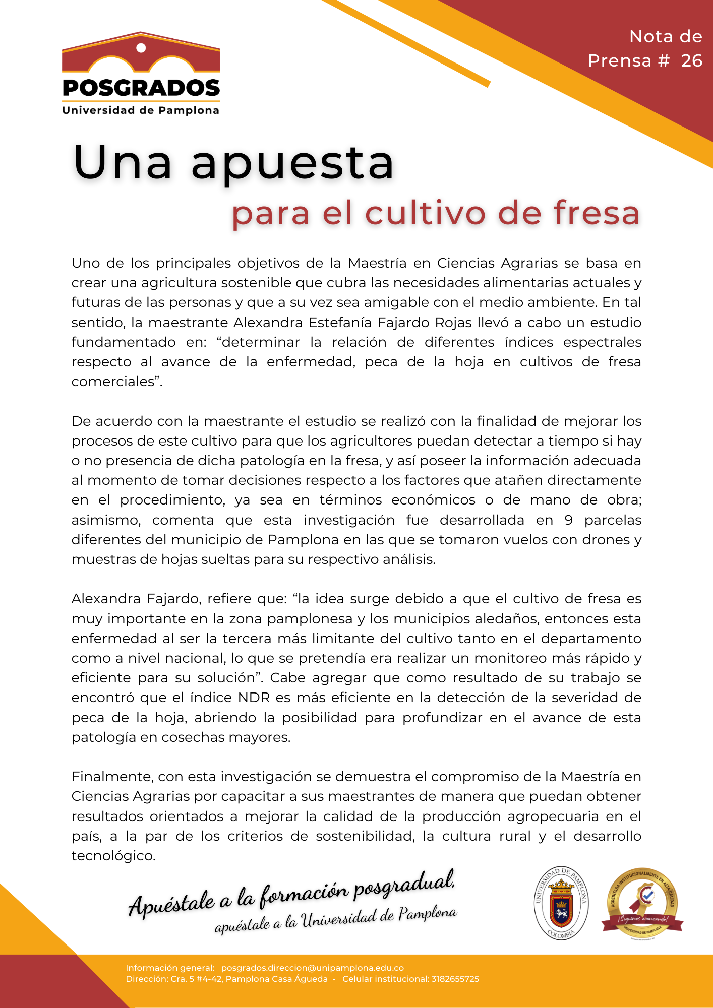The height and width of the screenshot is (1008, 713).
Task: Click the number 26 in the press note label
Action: coord(691,61)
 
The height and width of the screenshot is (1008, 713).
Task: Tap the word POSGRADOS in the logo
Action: coord(141,88)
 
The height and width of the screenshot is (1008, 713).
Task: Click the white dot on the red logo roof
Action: coord(141,48)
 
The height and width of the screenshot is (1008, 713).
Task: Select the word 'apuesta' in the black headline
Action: coord(292,164)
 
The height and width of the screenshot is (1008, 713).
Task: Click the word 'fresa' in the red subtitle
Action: coord(597,213)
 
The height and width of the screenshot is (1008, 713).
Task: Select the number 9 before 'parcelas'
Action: coord(568,520)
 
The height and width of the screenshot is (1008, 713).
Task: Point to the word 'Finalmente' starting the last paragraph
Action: coord(111,777)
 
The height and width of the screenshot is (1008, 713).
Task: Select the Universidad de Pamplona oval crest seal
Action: coord(561,903)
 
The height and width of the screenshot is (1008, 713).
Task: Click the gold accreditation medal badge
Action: coord(642,904)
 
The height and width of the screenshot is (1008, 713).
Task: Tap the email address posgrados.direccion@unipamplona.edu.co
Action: coord(313,968)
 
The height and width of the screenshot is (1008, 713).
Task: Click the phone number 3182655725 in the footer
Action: coord(455,979)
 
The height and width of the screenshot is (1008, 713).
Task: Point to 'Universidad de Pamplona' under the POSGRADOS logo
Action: coord(141,110)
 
